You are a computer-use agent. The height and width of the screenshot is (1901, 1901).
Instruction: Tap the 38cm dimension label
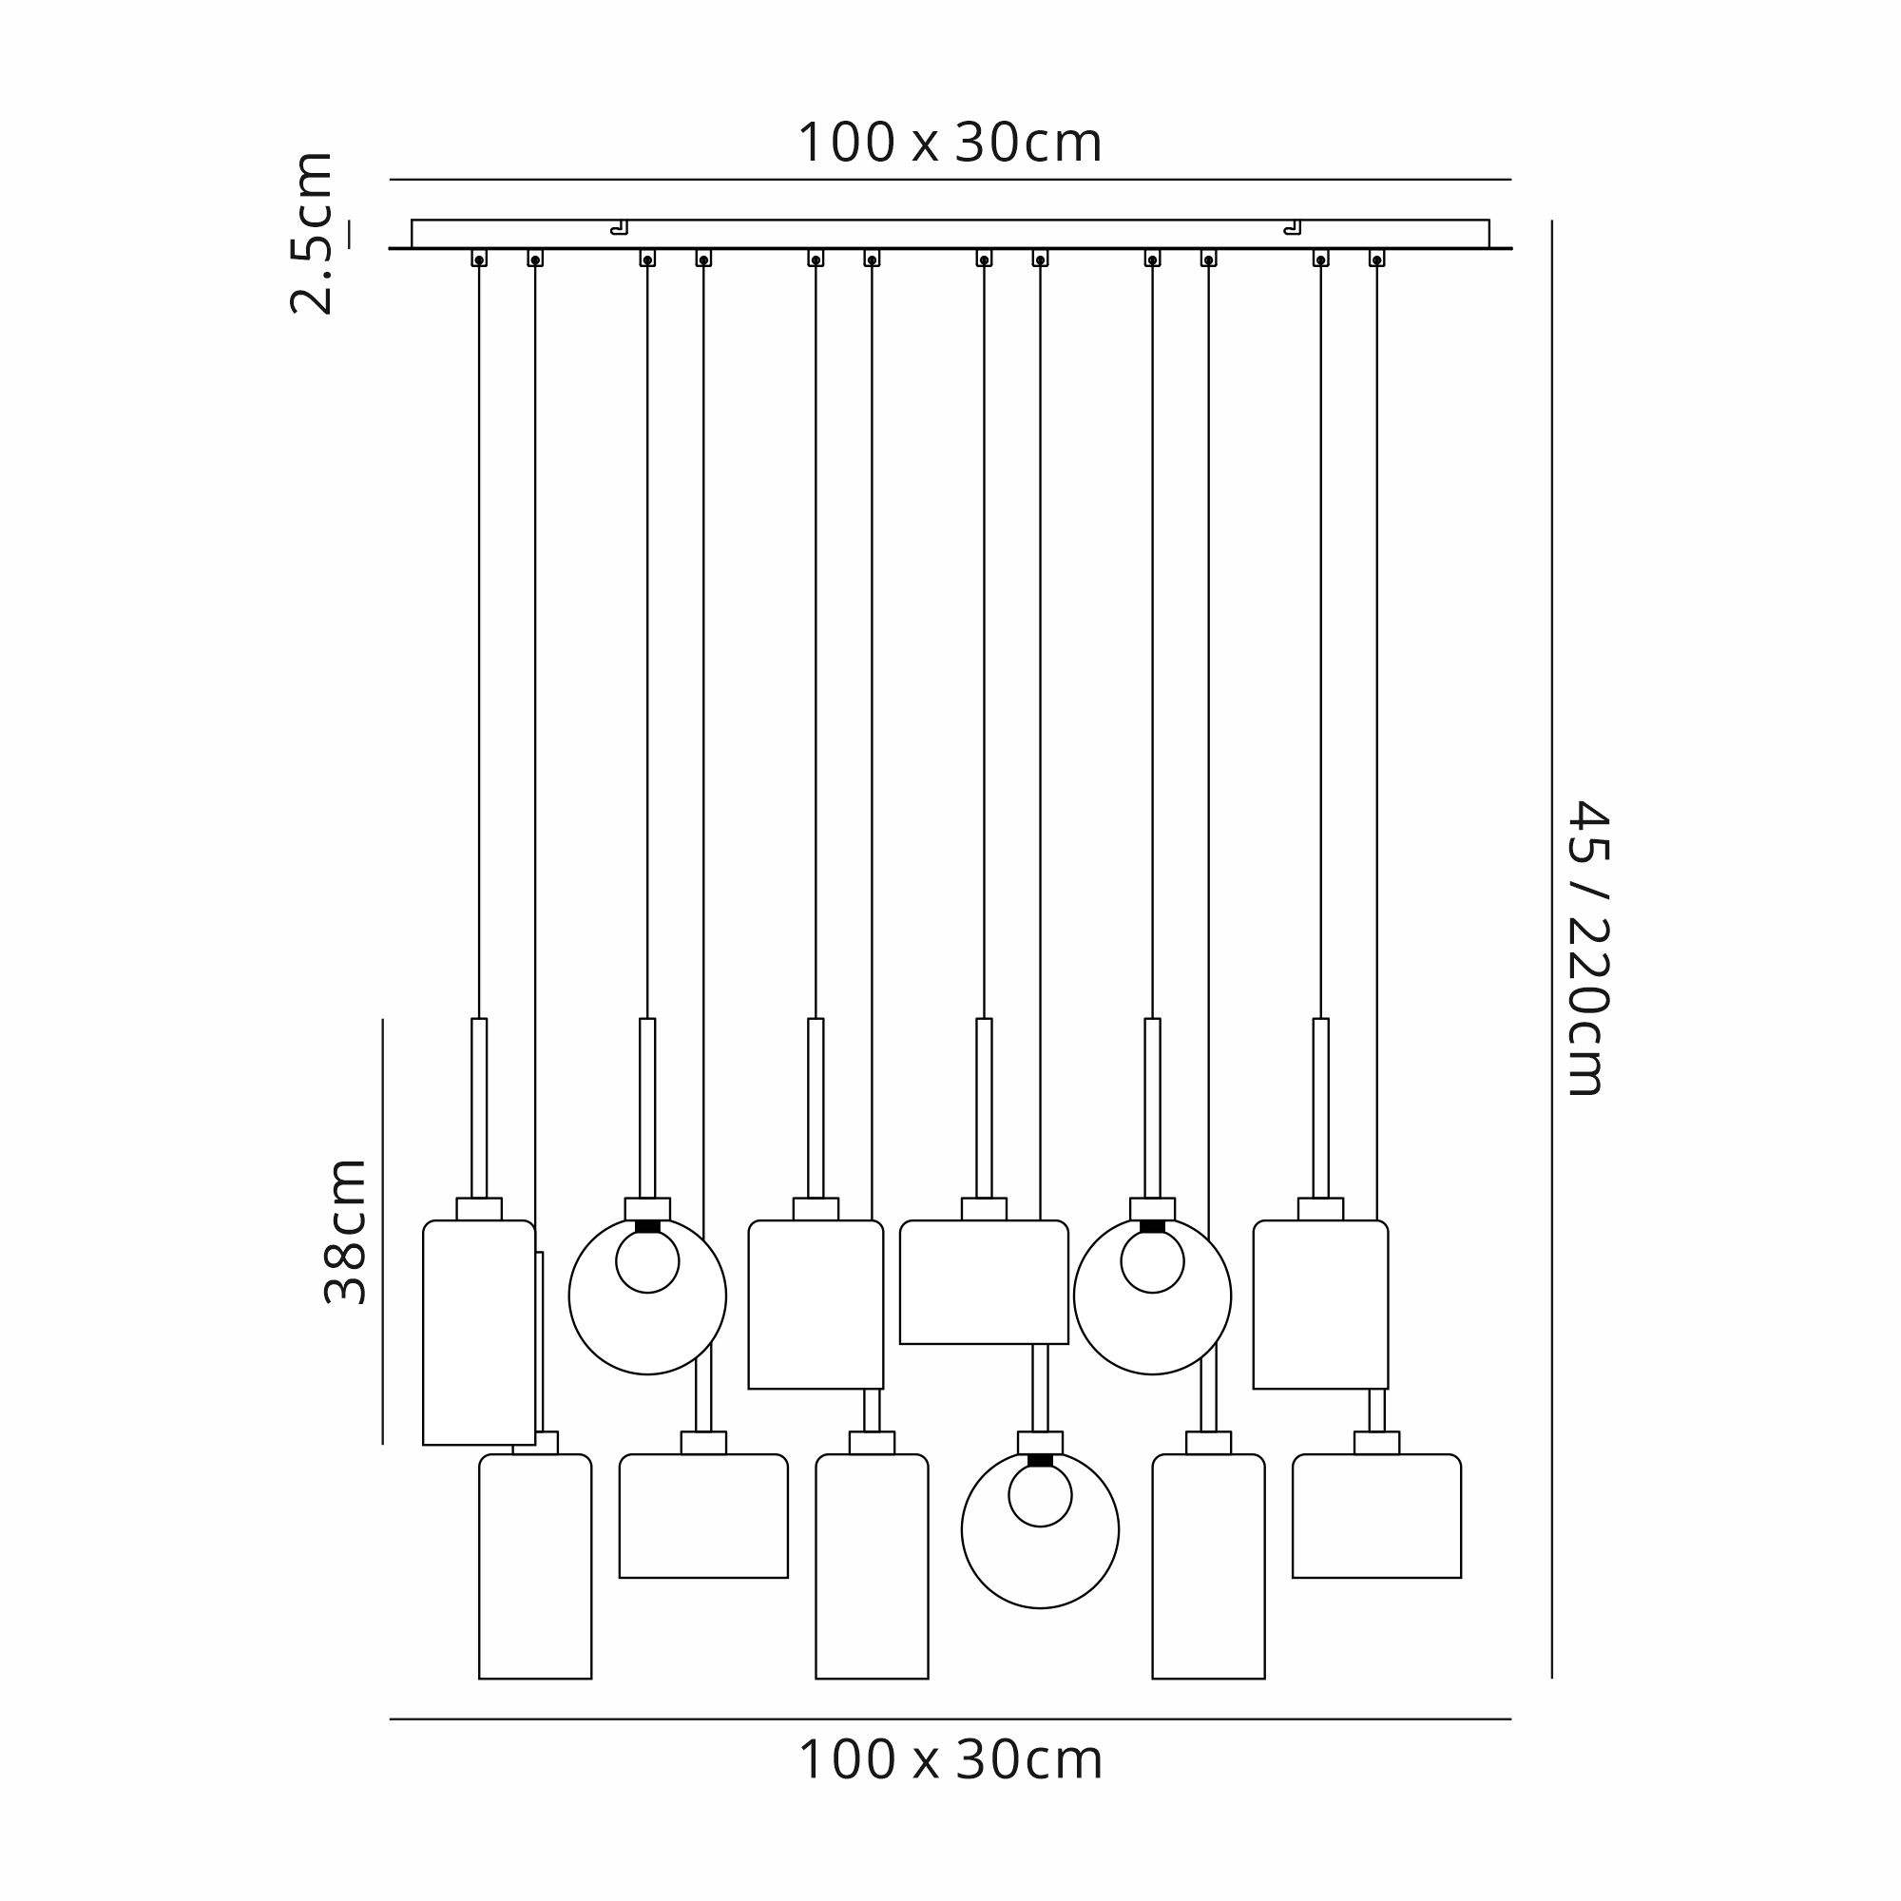pos(345,1232)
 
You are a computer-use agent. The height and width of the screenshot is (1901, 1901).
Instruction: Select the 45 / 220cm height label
pos(1587,948)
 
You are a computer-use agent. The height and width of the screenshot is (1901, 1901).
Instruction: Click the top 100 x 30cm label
pos(950,144)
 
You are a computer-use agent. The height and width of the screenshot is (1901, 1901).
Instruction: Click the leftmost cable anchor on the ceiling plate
pos(479,259)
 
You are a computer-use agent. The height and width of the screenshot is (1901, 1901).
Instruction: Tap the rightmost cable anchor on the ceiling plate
pos(1376,259)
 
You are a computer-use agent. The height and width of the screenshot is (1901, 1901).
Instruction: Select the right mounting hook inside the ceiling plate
pos(1293,228)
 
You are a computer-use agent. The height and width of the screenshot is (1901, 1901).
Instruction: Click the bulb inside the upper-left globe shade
pos(647,1261)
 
